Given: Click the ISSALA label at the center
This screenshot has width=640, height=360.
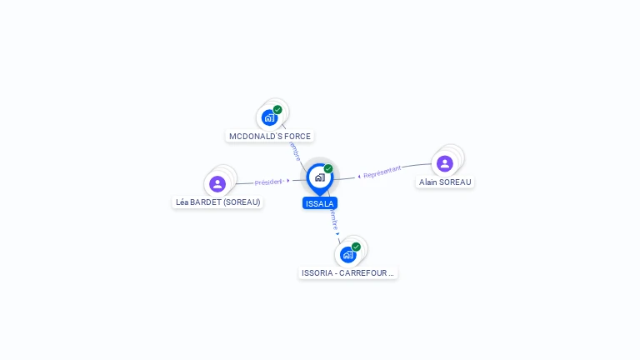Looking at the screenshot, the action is coord(320,203).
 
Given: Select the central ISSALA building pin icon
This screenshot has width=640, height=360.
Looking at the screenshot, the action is coord(319,177).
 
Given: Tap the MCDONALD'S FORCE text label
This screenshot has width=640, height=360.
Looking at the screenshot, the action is coord(270,136).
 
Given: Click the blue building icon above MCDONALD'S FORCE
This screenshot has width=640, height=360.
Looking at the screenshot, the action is coord(269,117).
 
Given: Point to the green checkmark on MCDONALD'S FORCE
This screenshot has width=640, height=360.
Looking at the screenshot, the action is coord(277,110).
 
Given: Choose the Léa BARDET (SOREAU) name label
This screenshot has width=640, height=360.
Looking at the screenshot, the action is coord(218,202).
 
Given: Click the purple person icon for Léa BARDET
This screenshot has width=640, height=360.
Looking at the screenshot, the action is coord(217,183).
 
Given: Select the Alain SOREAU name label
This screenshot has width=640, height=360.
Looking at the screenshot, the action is coord(445,182).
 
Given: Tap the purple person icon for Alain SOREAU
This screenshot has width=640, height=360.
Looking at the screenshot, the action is coord(445,163).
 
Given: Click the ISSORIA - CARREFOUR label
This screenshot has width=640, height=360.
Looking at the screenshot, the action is coord(348,272).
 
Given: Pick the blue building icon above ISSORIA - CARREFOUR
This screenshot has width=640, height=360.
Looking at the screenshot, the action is coord(347,254).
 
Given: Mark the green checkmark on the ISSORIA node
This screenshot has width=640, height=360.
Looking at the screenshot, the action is coord(356,247).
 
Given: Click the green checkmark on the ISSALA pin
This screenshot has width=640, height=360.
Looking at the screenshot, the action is coord(328,169).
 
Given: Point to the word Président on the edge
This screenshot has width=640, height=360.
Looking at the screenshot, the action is coord(268,182).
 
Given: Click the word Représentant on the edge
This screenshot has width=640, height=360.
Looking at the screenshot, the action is coord(382,172).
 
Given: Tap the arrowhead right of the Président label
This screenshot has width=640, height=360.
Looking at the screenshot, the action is coord(288,180).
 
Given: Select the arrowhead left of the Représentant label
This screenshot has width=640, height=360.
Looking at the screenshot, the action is coord(359,176).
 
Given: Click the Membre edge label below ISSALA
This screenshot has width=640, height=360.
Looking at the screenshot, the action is coord(334,219).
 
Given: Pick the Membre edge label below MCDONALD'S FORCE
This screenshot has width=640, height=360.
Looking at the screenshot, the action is coord(294,151).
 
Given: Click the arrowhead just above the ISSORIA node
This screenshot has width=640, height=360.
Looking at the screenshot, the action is coord(337,234).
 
